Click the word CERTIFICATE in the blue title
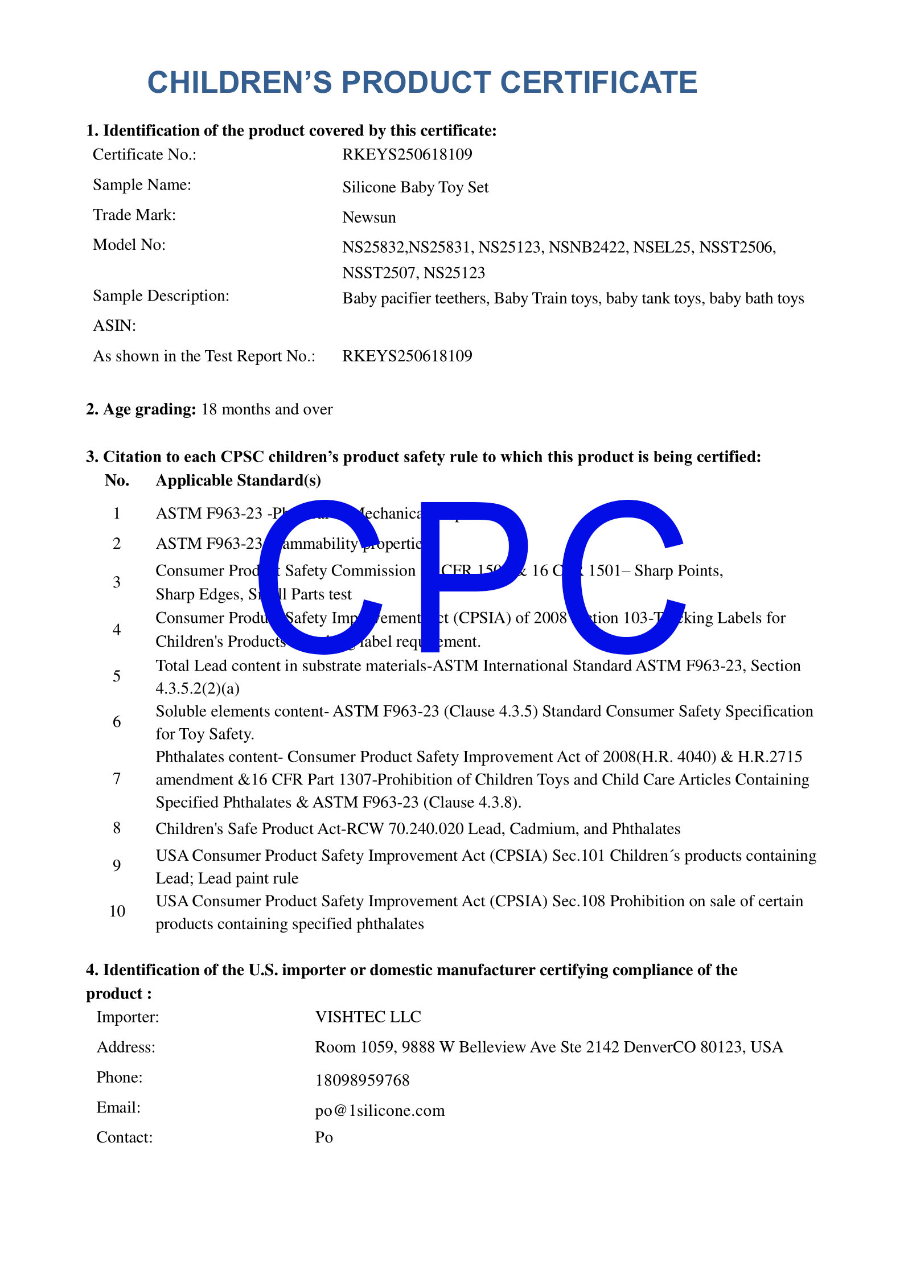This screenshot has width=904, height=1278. [598, 83]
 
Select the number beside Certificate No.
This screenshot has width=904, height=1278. [407, 155]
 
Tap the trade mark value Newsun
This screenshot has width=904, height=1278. [369, 217]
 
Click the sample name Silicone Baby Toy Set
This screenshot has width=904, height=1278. [415, 187]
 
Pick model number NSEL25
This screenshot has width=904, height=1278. [661, 248]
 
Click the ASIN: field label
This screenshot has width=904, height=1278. [114, 326]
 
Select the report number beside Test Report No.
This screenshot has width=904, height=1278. [407, 356]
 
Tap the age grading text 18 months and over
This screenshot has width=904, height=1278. [267, 410]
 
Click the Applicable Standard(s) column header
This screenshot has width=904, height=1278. [238, 481]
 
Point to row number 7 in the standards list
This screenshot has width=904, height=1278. [117, 779]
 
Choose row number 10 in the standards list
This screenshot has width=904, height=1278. [117, 911]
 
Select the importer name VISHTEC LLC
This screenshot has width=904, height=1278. [368, 1017]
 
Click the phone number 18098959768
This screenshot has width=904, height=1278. [362, 1080]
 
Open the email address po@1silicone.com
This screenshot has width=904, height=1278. [380, 1111]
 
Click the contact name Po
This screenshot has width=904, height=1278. [324, 1137]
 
